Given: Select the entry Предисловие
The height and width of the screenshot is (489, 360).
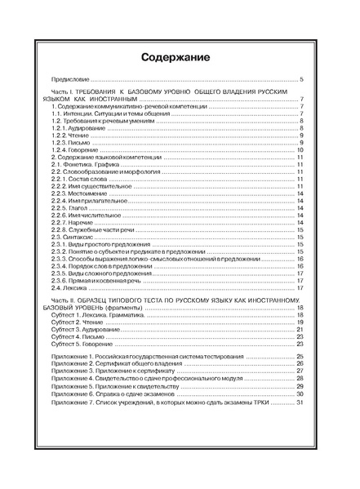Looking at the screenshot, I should tap(68, 80).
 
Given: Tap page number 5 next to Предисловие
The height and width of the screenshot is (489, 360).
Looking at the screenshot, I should tap(301, 80).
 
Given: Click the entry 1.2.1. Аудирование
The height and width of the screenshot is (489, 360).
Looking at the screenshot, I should tap(78, 128).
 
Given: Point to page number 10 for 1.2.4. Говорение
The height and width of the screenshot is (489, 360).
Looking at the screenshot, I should tap(300, 150).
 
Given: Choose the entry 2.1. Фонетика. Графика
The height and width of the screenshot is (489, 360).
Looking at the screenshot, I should tap(87, 165).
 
